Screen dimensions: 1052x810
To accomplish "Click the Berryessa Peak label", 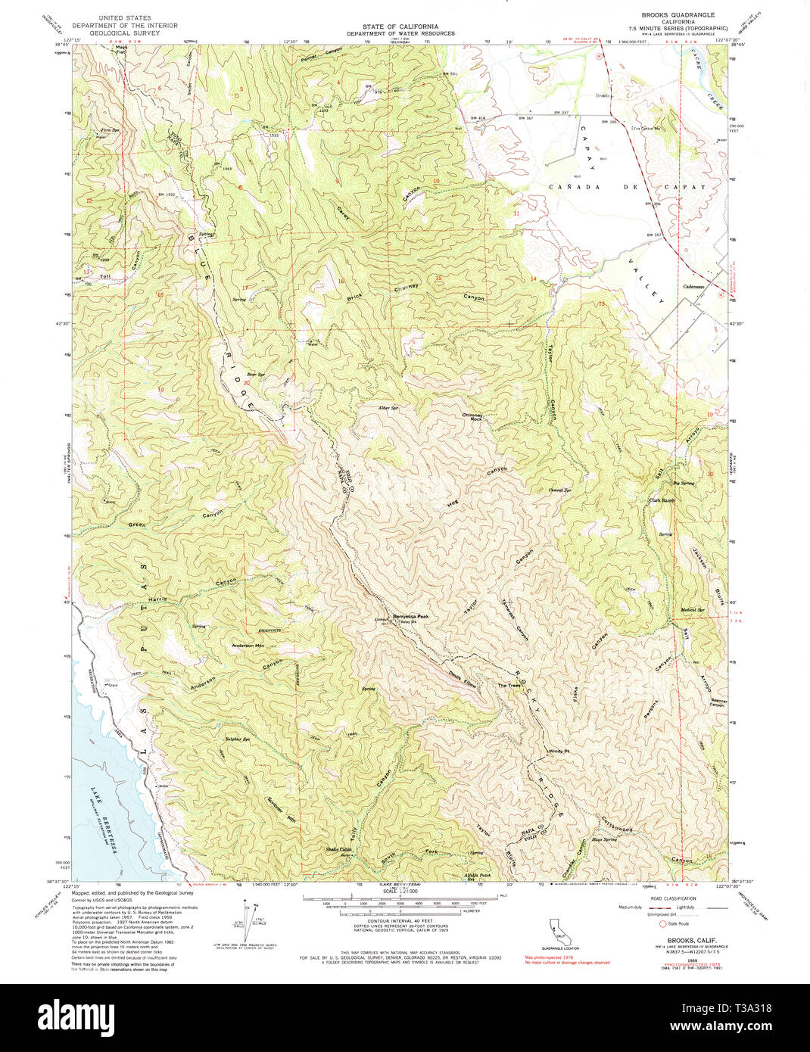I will pos(411,617).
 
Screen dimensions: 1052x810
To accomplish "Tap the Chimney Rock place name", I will pos(472,417).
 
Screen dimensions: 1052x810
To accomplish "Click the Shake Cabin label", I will pos(338,850).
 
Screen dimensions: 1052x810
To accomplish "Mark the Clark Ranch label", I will pos(661,500).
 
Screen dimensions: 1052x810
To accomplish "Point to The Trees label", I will pos(509,686).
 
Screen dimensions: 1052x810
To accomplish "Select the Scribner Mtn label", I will pos(280,811).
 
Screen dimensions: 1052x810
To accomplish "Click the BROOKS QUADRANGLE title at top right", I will pos(678,15).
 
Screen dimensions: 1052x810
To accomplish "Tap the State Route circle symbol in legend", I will pos(663,923).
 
